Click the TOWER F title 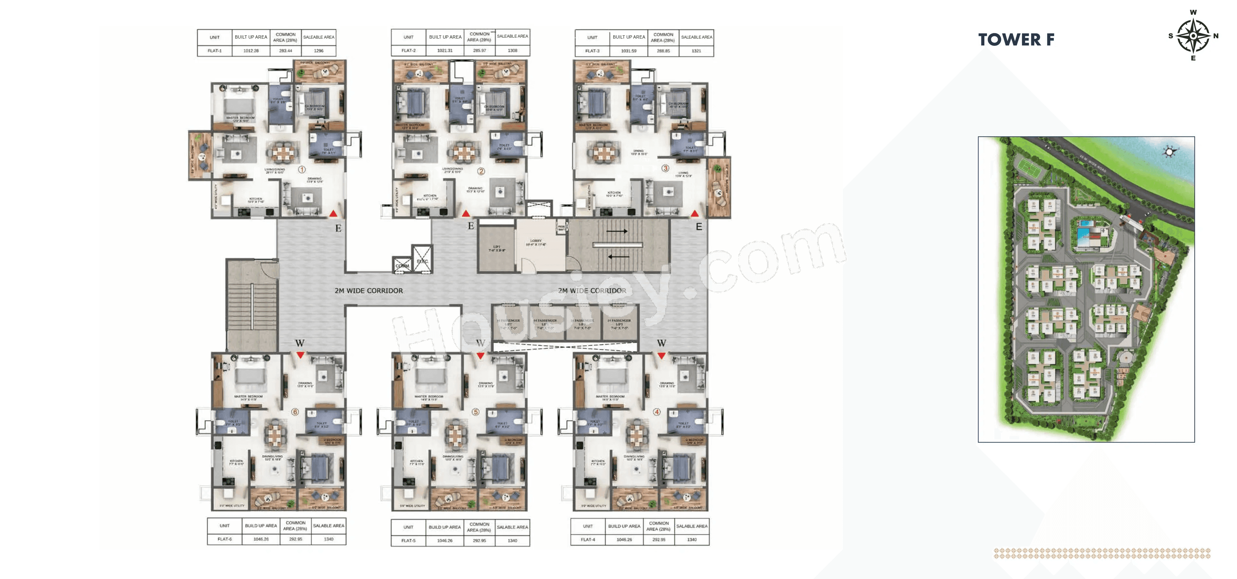pos(1016,39)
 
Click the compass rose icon pos(1193,36)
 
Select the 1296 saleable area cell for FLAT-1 pos(318,50)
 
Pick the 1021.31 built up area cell pos(445,50)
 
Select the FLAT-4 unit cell pos(587,540)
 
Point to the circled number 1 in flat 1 pos(302,169)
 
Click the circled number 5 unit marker pos(475,412)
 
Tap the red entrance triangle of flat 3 pos(694,214)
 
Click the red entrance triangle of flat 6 pos(300,355)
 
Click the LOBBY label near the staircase pos(536,241)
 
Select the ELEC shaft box pos(422,261)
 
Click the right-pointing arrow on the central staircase pos(617,231)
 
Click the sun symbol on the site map pos(1169,152)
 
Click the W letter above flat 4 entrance pos(661,343)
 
